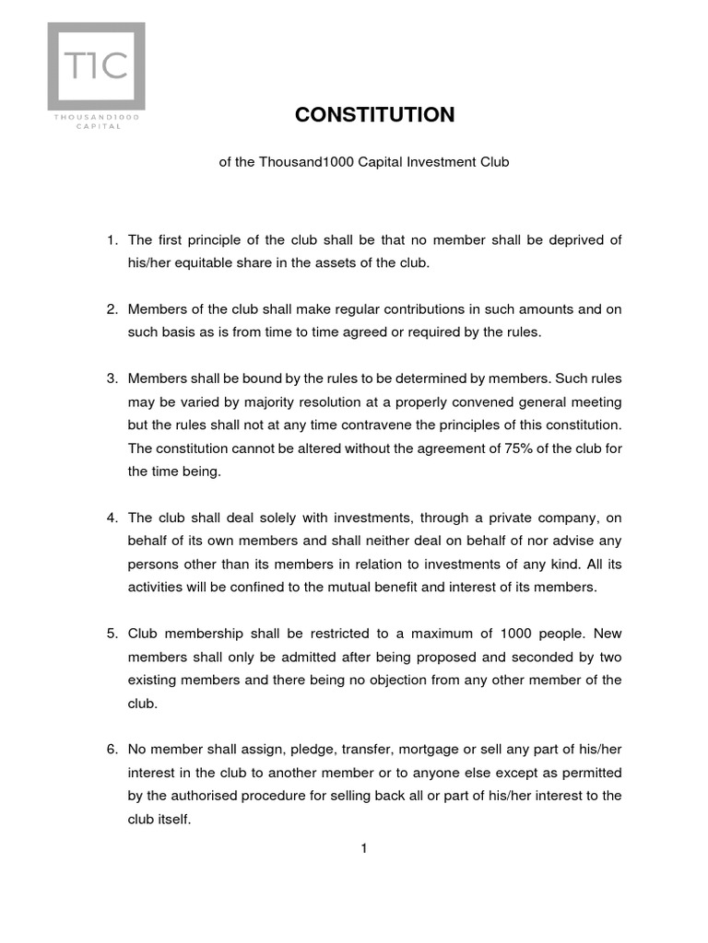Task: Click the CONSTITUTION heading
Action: (x=374, y=114)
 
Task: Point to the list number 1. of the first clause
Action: (x=112, y=240)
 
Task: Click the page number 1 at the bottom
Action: (x=364, y=849)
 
